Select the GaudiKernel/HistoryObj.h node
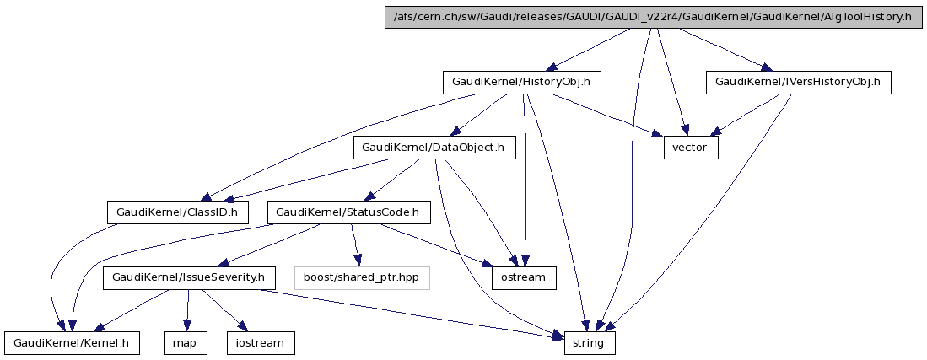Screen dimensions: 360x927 [x=527, y=83]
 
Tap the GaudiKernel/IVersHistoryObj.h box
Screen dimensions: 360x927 [x=798, y=83]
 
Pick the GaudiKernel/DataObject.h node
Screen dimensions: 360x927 [x=433, y=148]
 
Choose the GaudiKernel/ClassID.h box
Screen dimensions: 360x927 [x=178, y=212]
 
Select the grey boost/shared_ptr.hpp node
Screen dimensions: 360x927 [x=361, y=277]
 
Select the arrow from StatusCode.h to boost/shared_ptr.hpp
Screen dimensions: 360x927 [x=357, y=244]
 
